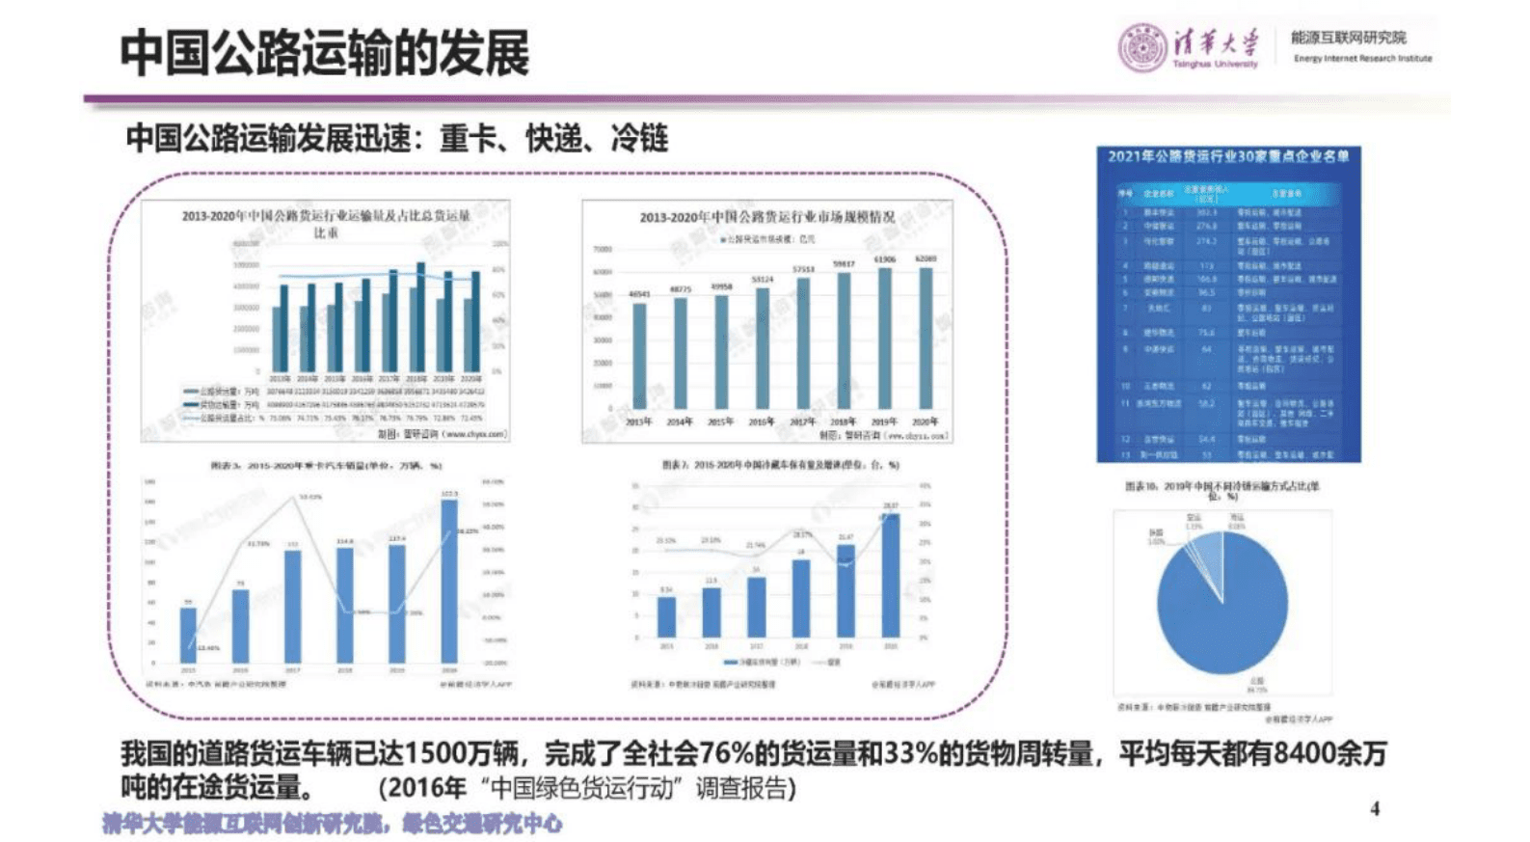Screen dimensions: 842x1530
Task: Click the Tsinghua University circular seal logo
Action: click(1141, 47)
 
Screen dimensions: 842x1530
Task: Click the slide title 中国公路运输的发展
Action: click(325, 53)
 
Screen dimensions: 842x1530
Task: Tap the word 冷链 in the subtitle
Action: click(639, 139)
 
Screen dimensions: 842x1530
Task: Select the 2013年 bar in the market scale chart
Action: click(639, 355)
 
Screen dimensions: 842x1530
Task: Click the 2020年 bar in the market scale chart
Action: click(926, 338)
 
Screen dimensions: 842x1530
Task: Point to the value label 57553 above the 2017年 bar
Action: click(803, 270)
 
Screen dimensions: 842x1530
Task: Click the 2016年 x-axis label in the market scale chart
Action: click(762, 421)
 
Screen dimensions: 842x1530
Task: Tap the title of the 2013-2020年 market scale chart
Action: click(766, 217)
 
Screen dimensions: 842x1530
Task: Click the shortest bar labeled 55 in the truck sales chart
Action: click(188, 634)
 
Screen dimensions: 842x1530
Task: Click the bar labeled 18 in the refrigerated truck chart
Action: click(801, 597)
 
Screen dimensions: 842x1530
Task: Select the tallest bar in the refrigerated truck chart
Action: click(891, 575)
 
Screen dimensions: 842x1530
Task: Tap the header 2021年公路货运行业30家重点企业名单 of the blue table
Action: click(1228, 156)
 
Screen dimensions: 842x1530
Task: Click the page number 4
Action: click(1375, 808)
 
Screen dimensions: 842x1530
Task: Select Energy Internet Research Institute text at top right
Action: click(1362, 59)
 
